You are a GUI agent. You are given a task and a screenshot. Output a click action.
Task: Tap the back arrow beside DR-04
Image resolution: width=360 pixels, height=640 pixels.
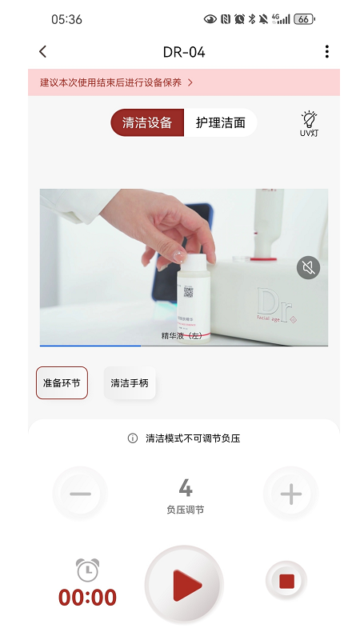(43, 52)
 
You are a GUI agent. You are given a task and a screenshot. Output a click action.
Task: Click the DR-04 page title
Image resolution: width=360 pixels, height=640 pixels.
(184, 52)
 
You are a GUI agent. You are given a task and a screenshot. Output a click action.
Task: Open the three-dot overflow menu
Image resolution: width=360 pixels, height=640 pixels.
(326, 52)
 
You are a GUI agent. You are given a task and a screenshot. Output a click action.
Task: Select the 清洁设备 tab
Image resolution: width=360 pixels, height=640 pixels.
(147, 123)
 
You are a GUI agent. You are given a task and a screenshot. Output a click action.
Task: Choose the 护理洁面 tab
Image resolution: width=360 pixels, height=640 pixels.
(221, 123)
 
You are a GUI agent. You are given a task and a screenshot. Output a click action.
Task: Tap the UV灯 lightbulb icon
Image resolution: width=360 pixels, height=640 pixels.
(309, 122)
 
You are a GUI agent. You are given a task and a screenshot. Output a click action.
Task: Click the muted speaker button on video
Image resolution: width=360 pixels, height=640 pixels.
(308, 267)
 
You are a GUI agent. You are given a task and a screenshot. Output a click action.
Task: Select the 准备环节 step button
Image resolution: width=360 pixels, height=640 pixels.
(62, 383)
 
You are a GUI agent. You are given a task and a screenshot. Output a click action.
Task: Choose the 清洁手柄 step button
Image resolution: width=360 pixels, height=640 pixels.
(130, 383)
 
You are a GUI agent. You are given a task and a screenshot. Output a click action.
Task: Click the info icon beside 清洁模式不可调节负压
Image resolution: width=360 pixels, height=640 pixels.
(133, 438)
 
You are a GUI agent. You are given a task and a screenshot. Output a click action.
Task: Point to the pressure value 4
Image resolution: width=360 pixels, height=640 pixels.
(185, 487)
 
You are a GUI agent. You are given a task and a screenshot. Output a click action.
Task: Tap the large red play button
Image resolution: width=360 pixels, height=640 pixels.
(184, 585)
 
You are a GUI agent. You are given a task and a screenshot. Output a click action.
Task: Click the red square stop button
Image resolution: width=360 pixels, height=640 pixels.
(286, 581)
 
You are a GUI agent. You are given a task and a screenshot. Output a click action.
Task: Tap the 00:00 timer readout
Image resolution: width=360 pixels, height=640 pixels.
(87, 598)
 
